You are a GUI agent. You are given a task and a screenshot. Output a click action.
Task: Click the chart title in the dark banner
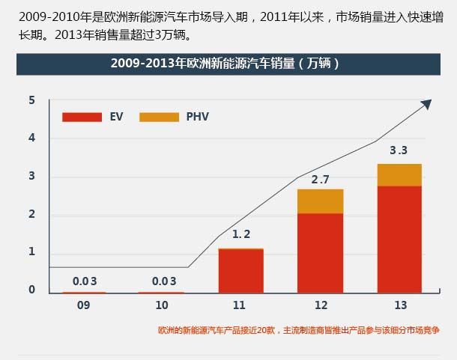[x=225, y=64]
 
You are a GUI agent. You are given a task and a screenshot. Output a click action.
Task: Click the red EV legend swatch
[x=82, y=117]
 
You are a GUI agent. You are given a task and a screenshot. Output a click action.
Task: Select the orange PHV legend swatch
[x=159, y=117]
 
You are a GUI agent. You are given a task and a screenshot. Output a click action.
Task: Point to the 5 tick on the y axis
[x=32, y=100]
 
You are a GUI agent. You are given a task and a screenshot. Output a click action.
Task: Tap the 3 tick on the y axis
[x=32, y=177]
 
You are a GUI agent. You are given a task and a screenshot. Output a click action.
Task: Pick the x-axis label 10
[x=161, y=306]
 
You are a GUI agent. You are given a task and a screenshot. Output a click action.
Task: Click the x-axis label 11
[x=240, y=306]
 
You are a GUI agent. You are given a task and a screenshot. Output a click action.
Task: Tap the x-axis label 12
[x=320, y=306]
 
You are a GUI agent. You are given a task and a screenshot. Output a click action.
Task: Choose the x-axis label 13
[x=399, y=306]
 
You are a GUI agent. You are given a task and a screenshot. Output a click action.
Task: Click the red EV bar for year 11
[x=240, y=271]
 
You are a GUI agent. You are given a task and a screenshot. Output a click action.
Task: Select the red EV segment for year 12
[x=320, y=253]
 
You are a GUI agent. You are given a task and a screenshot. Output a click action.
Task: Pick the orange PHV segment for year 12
[x=320, y=201]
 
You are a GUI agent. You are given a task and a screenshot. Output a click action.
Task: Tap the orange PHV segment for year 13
[x=399, y=174]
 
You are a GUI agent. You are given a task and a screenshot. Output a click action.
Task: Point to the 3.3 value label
[x=399, y=150]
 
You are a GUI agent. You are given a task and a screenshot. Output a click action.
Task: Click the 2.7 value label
[x=320, y=180]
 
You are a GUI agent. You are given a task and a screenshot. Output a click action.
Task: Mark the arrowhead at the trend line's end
[x=428, y=104]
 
